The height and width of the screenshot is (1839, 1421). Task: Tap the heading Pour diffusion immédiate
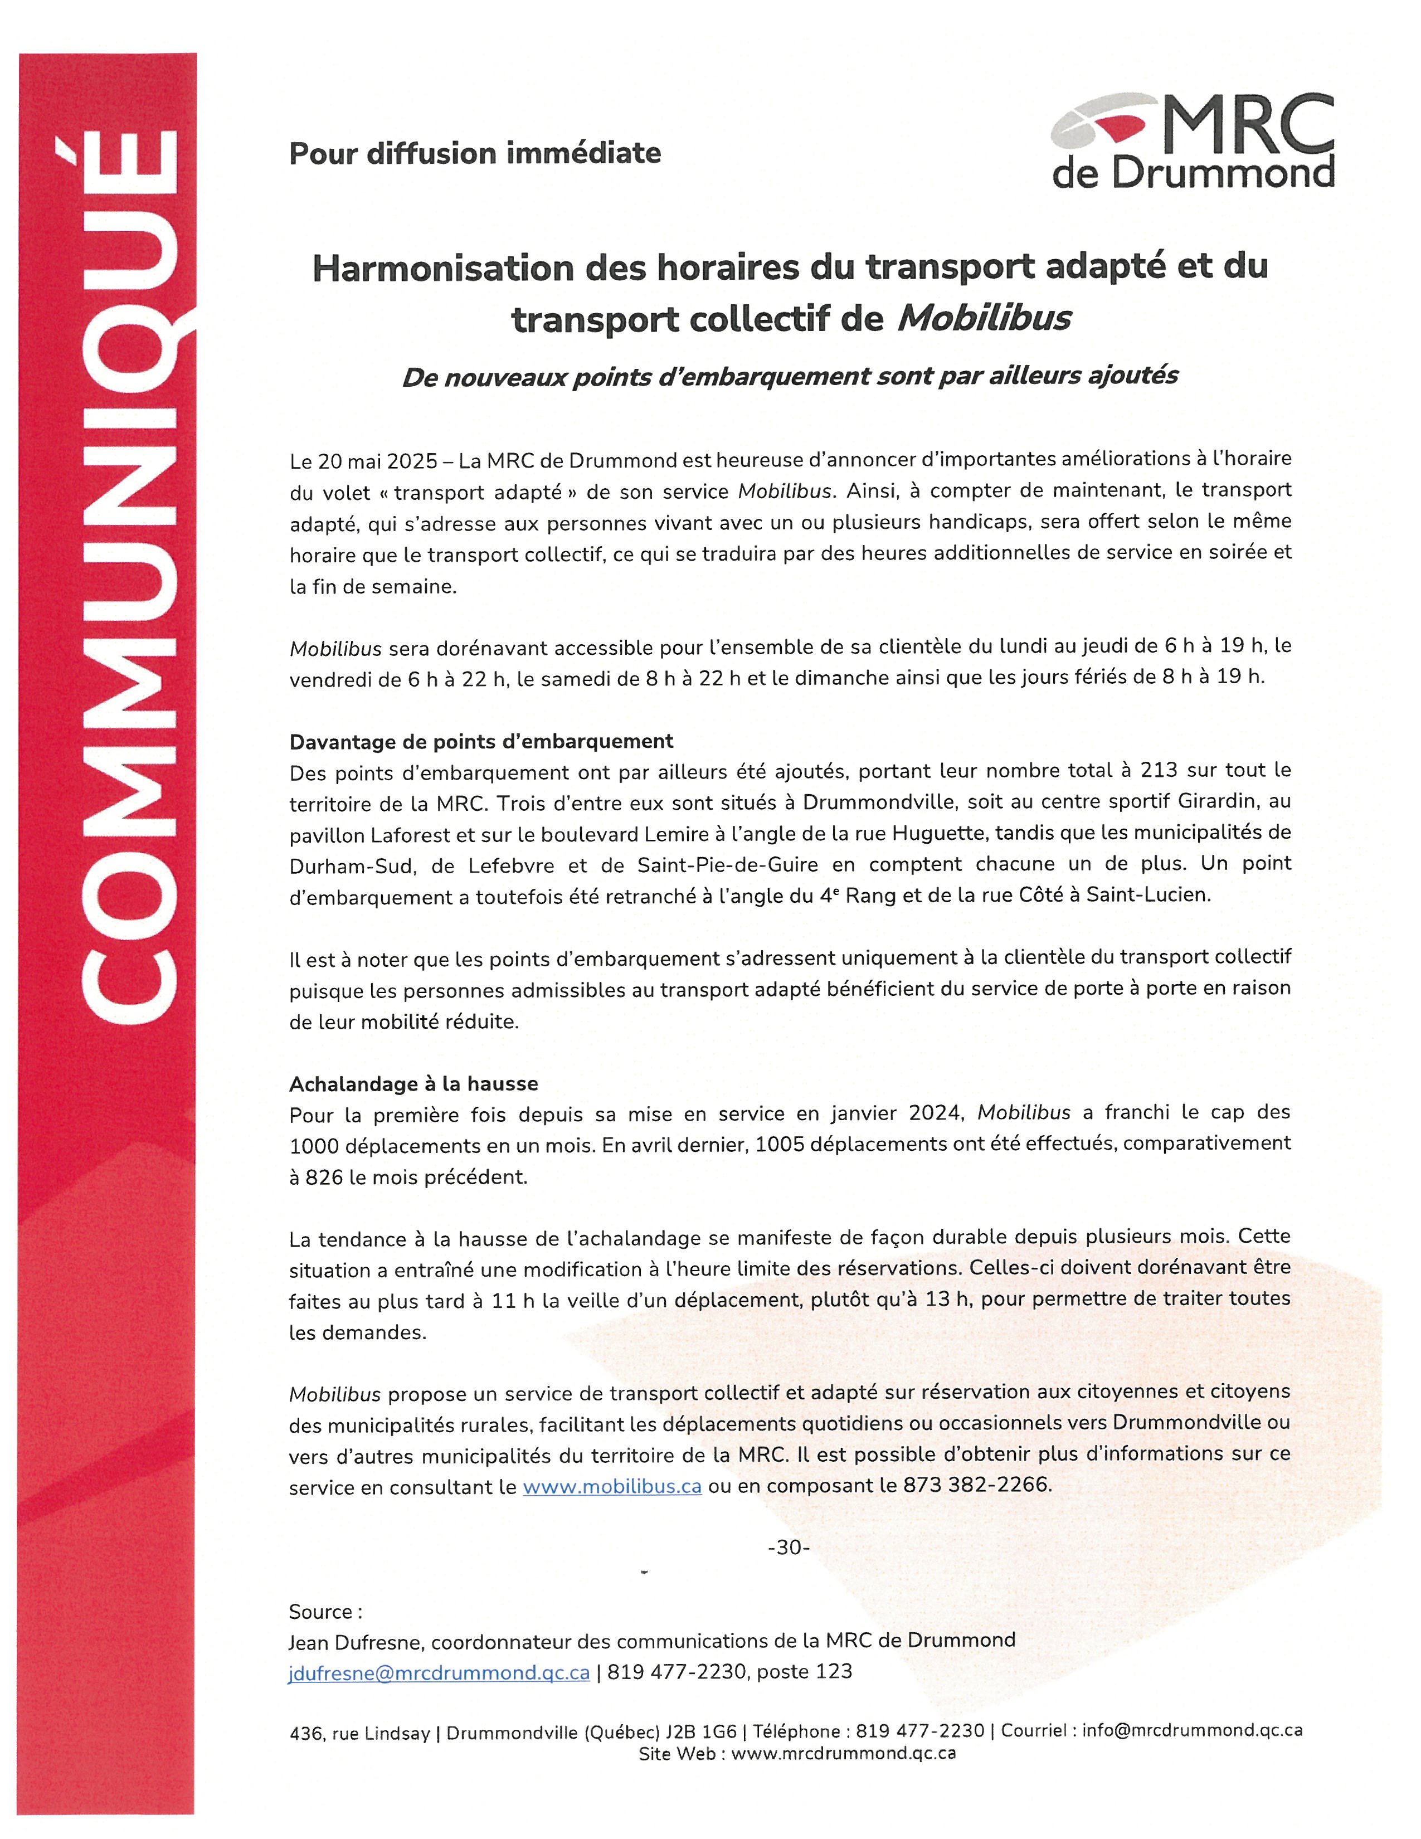tap(475, 153)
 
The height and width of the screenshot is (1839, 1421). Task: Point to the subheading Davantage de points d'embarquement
tap(481, 741)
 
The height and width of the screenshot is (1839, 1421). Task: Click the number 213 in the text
tap(1159, 771)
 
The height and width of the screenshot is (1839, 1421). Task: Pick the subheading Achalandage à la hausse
tap(413, 1084)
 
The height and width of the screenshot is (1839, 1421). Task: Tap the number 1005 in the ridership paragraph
tap(780, 1144)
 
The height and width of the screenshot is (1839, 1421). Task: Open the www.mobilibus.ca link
tap(612, 1486)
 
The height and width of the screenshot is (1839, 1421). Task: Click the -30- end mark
tap(788, 1548)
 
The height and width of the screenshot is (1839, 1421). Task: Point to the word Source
tap(321, 1612)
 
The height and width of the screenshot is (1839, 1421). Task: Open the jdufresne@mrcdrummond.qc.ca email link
tap(439, 1672)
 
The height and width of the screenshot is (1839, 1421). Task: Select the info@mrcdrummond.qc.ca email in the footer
tap(1192, 1730)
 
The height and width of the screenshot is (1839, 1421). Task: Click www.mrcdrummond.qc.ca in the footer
tap(843, 1754)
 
